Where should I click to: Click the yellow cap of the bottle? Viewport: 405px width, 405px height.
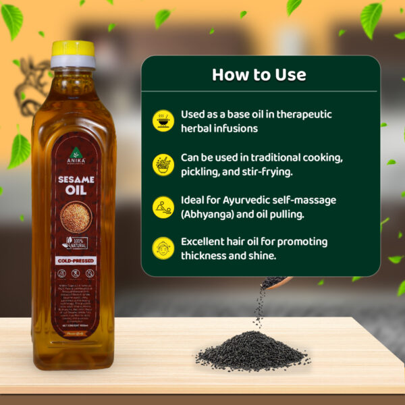[x=73, y=48]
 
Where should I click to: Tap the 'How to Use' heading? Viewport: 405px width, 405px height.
[x=259, y=74]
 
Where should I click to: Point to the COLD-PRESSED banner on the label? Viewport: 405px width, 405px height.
[x=75, y=259]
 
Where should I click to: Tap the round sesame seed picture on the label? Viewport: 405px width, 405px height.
[x=76, y=217]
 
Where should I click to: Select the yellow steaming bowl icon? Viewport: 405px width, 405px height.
[x=163, y=120]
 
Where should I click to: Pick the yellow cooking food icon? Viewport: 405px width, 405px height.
[x=163, y=164]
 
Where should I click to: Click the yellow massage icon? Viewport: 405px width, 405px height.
[x=163, y=207]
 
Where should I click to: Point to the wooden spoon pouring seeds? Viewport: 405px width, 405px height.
[x=278, y=281]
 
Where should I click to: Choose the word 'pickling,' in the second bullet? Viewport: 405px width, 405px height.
[x=202, y=171]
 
